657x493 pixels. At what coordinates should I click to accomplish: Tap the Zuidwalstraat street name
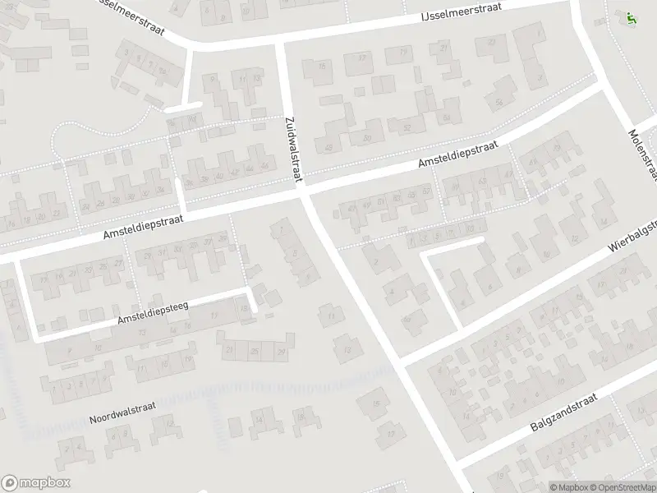293,145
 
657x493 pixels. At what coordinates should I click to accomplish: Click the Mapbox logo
36,482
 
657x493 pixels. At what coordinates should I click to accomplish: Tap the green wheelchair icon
631,17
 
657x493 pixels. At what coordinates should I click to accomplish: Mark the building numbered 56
499,103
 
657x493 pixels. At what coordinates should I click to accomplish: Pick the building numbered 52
407,127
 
